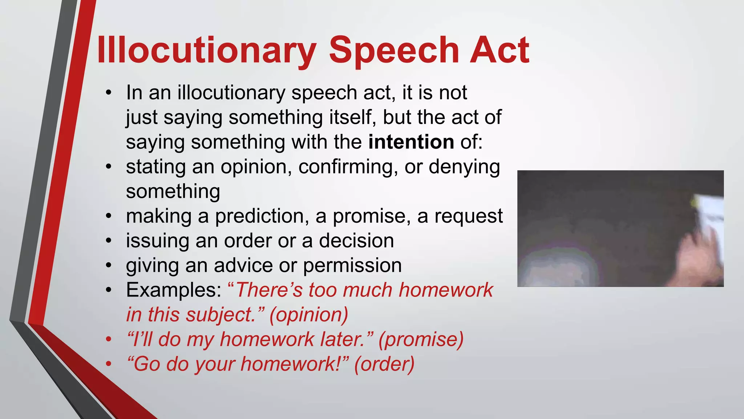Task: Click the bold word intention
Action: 411,142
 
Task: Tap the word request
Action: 469,216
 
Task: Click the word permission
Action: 352,266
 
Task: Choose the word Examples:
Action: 174,290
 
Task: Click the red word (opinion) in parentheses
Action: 309,315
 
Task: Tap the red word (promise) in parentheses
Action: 421,339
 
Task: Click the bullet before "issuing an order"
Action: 108,241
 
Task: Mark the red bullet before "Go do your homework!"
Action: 108,364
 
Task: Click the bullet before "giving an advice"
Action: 108,266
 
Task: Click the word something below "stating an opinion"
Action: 173,192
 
